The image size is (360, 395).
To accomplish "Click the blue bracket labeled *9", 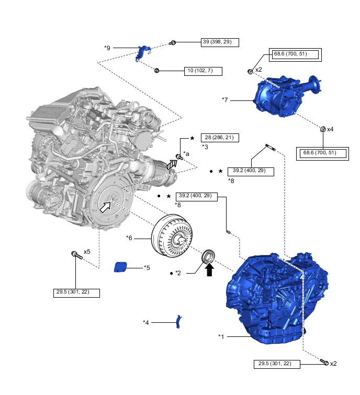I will pyautogui.click(x=142, y=53).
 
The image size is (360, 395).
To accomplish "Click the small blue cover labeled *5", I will pyautogui.click(x=121, y=267).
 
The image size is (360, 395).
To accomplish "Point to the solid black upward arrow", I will pyautogui.click(x=209, y=269).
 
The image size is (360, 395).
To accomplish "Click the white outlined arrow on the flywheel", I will pyautogui.click(x=106, y=207).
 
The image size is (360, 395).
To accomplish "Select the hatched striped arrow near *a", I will pyautogui.click(x=171, y=165).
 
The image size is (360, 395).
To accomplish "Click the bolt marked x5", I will pyautogui.click(x=75, y=255).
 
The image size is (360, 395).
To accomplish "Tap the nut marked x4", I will pyautogui.click(x=323, y=129).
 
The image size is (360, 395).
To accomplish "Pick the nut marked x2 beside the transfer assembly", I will pyautogui.click(x=251, y=71).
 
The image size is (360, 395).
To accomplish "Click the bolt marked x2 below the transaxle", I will pyautogui.click(x=324, y=362).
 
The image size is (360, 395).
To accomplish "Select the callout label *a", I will pyautogui.click(x=186, y=154).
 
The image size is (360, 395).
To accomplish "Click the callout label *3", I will pyautogui.click(x=205, y=148).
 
